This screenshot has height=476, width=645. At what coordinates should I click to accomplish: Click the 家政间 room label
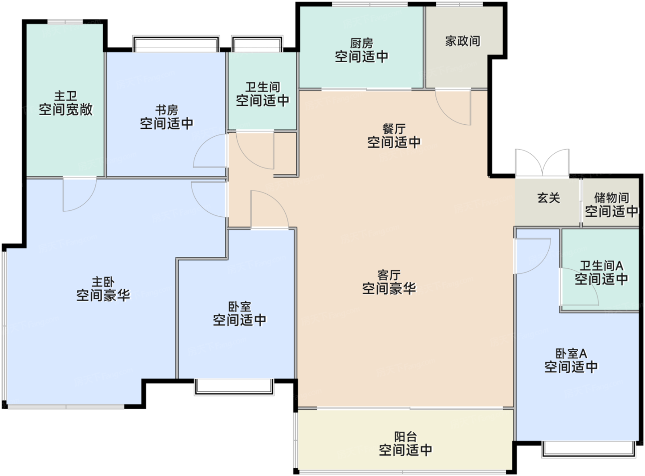(462, 41)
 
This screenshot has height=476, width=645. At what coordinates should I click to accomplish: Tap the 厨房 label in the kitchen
(361, 43)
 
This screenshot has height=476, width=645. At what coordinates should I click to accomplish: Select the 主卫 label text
(65, 96)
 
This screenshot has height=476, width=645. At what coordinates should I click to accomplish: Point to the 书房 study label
(166, 110)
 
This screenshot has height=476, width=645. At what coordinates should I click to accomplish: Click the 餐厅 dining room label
(393, 129)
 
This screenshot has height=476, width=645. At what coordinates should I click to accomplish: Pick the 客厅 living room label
(389, 275)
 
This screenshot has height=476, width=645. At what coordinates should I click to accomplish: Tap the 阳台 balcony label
(405, 436)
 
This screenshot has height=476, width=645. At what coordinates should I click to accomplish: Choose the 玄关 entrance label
(548, 198)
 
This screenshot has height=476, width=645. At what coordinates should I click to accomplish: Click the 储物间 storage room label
(611, 198)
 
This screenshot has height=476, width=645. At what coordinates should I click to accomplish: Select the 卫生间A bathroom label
(601, 266)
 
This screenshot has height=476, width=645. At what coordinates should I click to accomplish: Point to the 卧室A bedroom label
(571, 354)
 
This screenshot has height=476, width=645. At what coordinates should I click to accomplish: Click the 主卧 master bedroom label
(103, 282)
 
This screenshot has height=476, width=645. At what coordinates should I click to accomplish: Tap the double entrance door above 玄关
(542, 163)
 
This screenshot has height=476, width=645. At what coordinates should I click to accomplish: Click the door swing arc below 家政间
(453, 108)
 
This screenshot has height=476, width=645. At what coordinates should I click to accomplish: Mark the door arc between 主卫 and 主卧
(79, 194)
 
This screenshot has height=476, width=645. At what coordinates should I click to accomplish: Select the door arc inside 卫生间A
(580, 288)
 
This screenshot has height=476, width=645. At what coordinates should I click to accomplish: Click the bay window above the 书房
(176, 44)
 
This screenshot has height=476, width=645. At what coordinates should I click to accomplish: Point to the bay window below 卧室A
(588, 449)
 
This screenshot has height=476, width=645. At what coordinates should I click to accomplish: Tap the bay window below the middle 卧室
(234, 387)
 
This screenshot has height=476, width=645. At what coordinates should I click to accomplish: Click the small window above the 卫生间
(257, 45)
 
